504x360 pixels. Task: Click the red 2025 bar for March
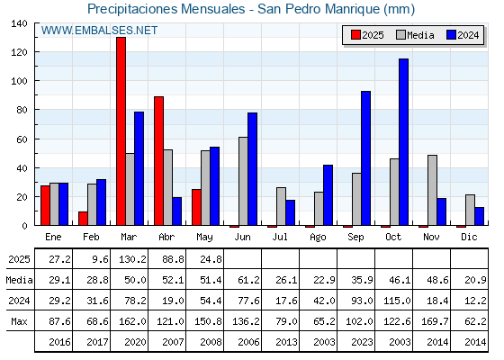pos(121,131)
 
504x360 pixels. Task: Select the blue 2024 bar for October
pos(404,142)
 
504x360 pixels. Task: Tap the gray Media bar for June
pos(243,181)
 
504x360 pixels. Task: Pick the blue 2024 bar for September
pos(365,158)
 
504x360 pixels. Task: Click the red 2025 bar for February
pos(83,219)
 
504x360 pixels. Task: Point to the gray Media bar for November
pos(432,190)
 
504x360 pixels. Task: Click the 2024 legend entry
pos(463,35)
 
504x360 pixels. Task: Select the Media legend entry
pos(415,35)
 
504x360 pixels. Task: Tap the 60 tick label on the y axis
pos(22,139)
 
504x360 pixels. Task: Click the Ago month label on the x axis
pos(318,238)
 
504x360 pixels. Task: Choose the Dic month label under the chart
pos(469,237)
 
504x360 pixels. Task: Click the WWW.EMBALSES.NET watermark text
pos(99,31)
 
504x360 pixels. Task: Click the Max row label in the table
pos(19,321)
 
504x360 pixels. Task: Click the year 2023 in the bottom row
pos(362,342)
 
